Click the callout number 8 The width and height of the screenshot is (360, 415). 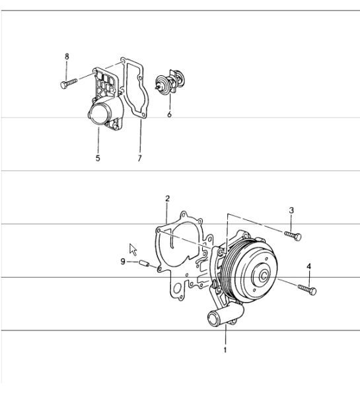pos(67,57)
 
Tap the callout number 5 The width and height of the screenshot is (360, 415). pos(97,159)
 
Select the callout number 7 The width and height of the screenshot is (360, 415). pos(140,159)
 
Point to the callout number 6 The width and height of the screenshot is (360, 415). pos(169,114)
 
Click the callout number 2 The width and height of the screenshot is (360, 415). pos(167,198)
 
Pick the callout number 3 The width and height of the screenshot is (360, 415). pos(291,210)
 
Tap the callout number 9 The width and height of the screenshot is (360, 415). pos(123,262)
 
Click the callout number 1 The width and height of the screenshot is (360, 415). pos(225,350)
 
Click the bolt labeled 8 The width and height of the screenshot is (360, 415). pos(69,83)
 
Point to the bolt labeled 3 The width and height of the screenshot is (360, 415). pos(293,235)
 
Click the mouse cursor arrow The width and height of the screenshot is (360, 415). pos(132,249)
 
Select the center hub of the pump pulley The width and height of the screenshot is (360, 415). pos(263,274)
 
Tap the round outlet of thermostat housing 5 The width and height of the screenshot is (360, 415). pos(98,118)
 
